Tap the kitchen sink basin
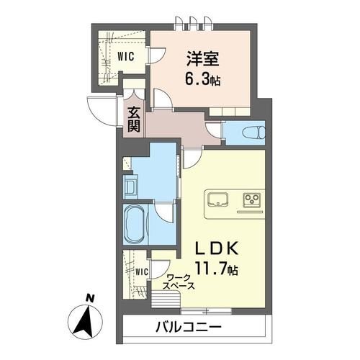[x=217, y=199]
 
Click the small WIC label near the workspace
[x=141, y=271]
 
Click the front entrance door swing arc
[x=99, y=112]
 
